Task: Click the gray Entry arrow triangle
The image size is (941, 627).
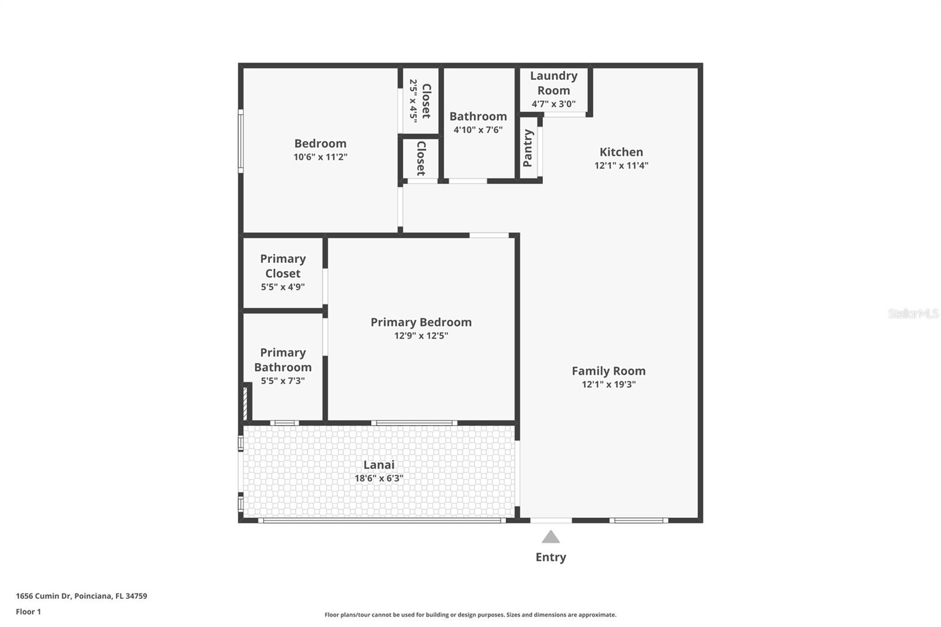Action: tap(550, 537)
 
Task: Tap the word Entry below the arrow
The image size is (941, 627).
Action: tap(550, 557)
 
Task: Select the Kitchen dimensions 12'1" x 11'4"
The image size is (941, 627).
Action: tap(621, 166)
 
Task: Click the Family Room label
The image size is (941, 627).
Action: tap(609, 371)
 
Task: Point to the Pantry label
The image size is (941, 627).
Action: tap(528, 148)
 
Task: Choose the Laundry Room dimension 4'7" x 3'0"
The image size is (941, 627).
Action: tap(553, 104)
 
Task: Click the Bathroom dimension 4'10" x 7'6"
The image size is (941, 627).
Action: tap(478, 130)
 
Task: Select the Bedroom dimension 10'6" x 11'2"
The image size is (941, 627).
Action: tap(321, 157)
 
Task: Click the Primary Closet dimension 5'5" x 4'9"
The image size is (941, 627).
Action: tap(283, 287)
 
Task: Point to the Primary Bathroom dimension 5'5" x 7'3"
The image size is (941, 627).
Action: tap(283, 381)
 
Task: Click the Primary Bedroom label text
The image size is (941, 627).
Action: tap(421, 322)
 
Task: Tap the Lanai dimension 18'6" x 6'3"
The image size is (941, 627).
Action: tap(379, 478)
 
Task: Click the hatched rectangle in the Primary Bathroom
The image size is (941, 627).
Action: tap(245, 403)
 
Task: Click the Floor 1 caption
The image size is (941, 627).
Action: tap(29, 612)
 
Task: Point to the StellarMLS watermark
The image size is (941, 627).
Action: tap(913, 313)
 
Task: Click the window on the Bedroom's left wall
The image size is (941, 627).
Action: tap(241, 141)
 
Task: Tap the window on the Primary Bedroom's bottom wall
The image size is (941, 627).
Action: tap(414, 423)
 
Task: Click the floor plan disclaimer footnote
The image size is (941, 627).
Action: tap(470, 615)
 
